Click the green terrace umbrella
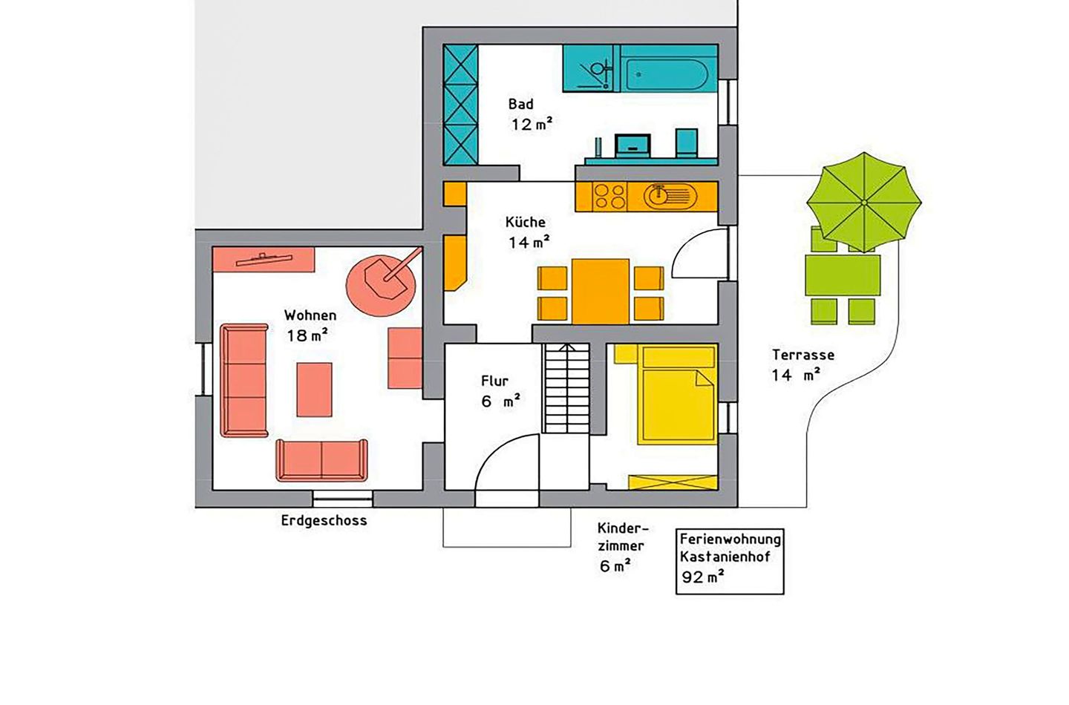click(x=864, y=203)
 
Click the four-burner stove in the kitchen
click(x=610, y=197)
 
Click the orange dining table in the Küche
click(x=601, y=292)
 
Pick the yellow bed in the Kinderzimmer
click(x=677, y=395)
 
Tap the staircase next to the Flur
click(x=567, y=388)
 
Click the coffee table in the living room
click(x=314, y=390)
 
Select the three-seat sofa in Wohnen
click(x=243, y=381)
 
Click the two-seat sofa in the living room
click(x=321, y=460)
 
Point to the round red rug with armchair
click(x=380, y=286)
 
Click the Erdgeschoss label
click(x=324, y=520)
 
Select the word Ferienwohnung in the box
click(x=730, y=539)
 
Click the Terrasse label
click(x=803, y=355)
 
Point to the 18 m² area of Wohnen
click(x=307, y=335)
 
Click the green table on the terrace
click(x=843, y=275)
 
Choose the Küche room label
click(x=526, y=222)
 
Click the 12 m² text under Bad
click(x=532, y=125)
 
